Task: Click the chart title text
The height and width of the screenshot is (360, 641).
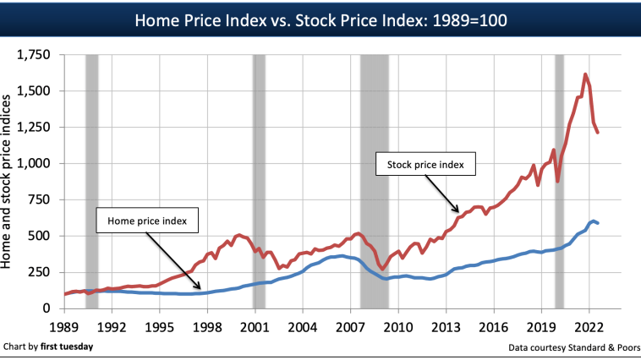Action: pos(320,19)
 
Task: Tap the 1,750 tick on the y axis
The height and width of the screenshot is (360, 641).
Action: pos(33,55)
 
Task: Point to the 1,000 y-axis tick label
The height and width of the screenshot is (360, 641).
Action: pos(33,163)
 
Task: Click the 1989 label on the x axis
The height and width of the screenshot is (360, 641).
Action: pos(65,325)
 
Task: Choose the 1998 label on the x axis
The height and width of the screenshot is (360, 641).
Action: pos(207,325)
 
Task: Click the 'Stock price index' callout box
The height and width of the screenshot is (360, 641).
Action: pos(426,164)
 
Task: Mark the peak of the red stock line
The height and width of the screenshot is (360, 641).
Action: pos(585,74)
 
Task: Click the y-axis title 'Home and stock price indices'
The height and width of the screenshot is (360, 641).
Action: pos(11,182)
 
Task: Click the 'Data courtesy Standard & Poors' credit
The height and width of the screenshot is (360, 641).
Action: pos(573,346)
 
